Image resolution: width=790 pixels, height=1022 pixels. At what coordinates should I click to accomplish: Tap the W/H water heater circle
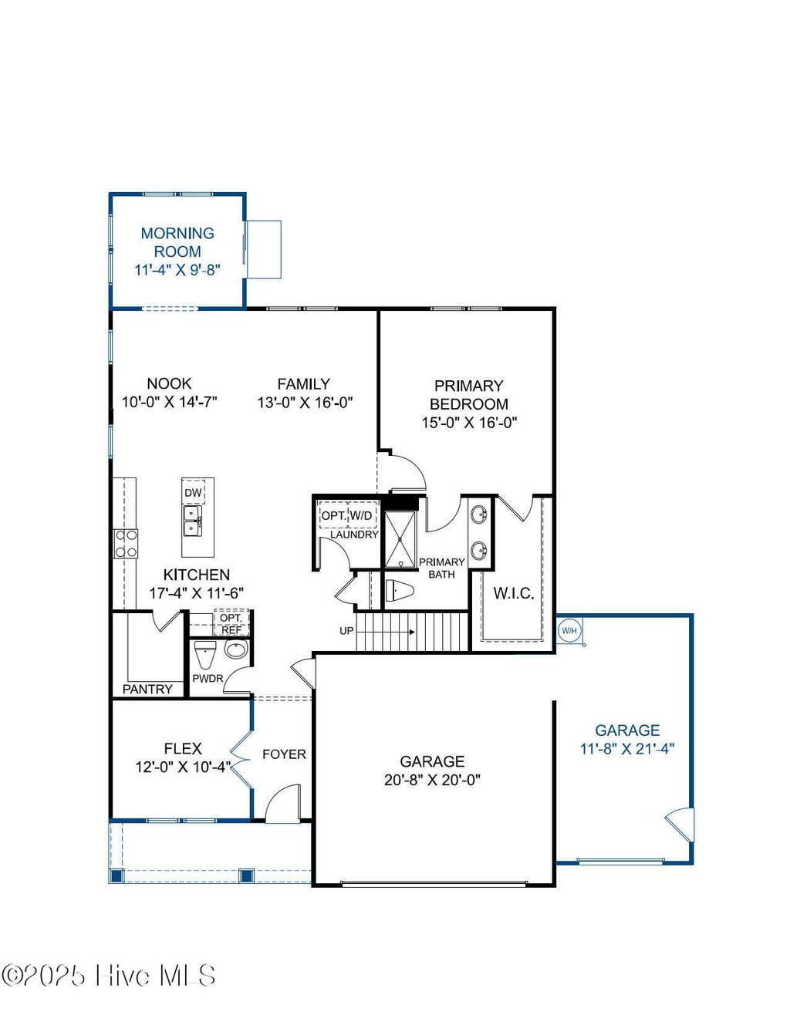569,631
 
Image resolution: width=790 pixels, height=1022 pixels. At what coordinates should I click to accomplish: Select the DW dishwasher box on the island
193,493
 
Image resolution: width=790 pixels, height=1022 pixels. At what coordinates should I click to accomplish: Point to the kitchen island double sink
192,521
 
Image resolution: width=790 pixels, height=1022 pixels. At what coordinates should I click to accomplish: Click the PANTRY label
147,689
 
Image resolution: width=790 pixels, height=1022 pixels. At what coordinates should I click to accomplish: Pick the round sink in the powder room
236,649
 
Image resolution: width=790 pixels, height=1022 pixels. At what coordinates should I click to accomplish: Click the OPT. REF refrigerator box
231,623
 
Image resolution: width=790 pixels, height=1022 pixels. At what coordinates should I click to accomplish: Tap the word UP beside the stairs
346,631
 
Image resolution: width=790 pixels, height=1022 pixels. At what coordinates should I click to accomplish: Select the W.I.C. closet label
513,593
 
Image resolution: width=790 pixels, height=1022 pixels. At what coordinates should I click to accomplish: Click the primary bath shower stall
400,538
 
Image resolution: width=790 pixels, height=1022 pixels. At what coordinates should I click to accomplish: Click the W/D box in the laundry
361,514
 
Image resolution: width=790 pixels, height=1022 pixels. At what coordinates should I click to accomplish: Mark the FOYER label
284,754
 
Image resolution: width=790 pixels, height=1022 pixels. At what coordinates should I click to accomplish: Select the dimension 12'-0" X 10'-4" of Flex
183,767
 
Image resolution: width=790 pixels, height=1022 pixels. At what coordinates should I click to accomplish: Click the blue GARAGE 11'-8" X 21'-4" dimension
627,748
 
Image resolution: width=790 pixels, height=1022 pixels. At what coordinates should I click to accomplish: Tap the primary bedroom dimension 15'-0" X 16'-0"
469,423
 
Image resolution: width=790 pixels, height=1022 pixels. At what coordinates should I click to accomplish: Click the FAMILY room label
304,383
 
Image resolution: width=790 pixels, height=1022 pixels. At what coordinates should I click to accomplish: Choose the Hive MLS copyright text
109,976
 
